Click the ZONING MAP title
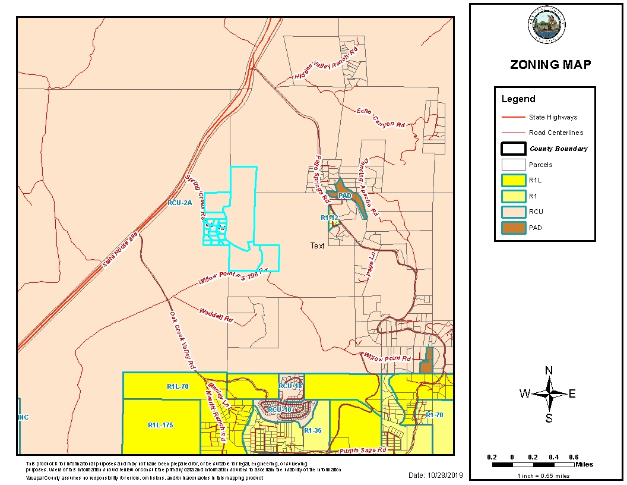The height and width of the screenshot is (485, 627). (550, 65)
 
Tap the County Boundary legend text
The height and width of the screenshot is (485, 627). (558, 149)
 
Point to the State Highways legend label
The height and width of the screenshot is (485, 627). (553, 117)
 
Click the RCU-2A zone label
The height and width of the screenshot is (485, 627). (180, 203)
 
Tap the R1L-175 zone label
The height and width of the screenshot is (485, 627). (160, 425)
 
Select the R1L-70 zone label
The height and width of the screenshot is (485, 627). (177, 386)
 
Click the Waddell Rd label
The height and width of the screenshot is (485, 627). (215, 314)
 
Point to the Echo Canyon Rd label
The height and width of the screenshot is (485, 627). (381, 118)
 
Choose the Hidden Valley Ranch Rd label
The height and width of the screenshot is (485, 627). (327, 63)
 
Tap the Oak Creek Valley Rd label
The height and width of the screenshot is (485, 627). (182, 338)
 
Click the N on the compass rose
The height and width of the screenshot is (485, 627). (549, 371)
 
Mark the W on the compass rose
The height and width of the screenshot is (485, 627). (525, 393)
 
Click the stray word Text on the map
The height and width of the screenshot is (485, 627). (318, 245)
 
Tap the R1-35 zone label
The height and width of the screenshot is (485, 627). (312, 430)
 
